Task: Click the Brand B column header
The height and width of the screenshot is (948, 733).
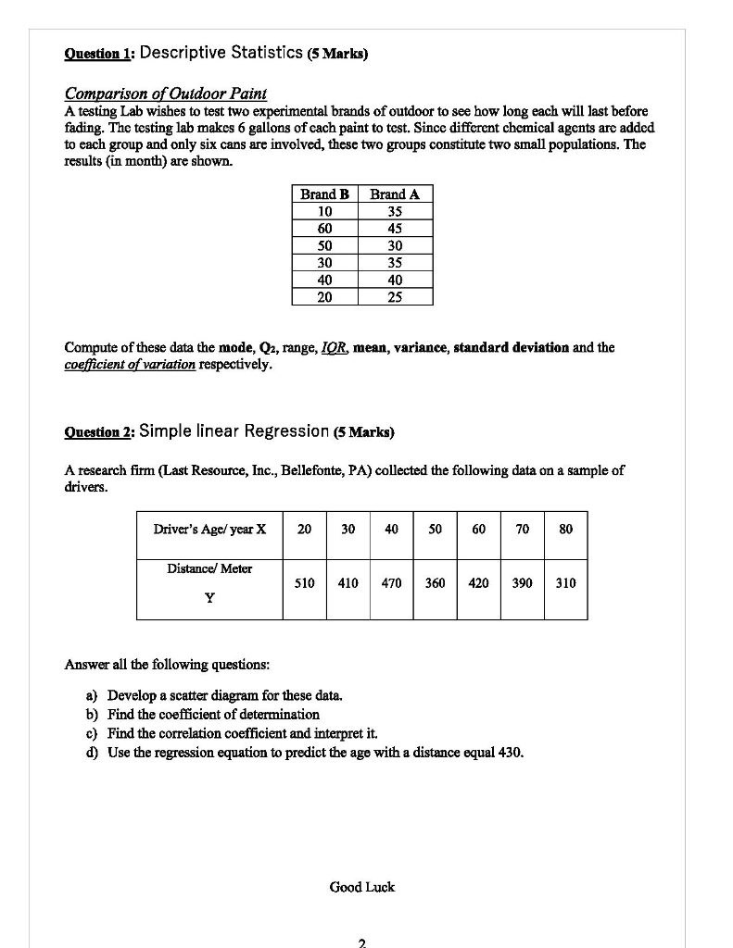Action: pyautogui.click(x=324, y=194)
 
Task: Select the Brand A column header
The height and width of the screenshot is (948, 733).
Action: pyautogui.click(x=395, y=194)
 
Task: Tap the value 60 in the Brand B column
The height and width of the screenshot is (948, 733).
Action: pyautogui.click(x=324, y=229)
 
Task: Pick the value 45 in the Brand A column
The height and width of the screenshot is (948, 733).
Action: pyautogui.click(x=395, y=229)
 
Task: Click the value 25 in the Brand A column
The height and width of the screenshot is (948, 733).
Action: pyautogui.click(x=395, y=296)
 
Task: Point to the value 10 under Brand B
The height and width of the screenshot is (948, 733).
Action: pyautogui.click(x=324, y=211)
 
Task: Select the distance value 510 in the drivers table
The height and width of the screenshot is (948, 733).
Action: pyautogui.click(x=304, y=583)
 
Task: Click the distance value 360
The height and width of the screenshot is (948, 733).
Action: pyautogui.click(x=435, y=583)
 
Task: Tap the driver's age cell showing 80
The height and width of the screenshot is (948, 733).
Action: pyautogui.click(x=566, y=530)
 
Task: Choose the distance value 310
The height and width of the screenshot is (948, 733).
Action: pyautogui.click(x=566, y=583)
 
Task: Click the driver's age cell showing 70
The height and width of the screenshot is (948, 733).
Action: pyautogui.click(x=523, y=530)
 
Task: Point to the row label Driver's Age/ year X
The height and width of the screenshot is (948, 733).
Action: pyautogui.click(x=209, y=530)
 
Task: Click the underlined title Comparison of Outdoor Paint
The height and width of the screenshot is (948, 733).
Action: pyautogui.click(x=165, y=94)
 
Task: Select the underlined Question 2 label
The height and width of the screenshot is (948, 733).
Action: pyautogui.click(x=99, y=432)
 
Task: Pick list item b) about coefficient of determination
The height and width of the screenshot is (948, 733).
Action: pyautogui.click(x=213, y=714)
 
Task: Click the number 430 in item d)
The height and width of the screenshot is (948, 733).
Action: pyautogui.click(x=510, y=751)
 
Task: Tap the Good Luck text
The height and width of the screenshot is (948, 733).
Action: pyautogui.click(x=361, y=887)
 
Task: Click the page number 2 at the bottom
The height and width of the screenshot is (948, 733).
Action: pyautogui.click(x=361, y=942)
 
